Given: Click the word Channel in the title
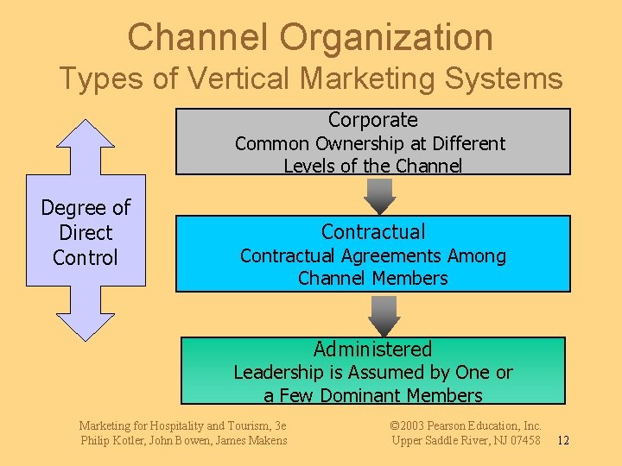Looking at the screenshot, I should [198, 38].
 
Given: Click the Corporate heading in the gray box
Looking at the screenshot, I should [373, 120].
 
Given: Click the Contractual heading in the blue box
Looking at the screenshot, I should [373, 231].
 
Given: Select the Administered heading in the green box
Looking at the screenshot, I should [372, 349].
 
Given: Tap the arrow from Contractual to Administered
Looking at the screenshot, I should [384, 315].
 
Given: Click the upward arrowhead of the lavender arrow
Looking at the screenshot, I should [85, 142].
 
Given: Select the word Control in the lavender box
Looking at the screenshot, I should [85, 257].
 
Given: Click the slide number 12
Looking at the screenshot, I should [562, 441].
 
